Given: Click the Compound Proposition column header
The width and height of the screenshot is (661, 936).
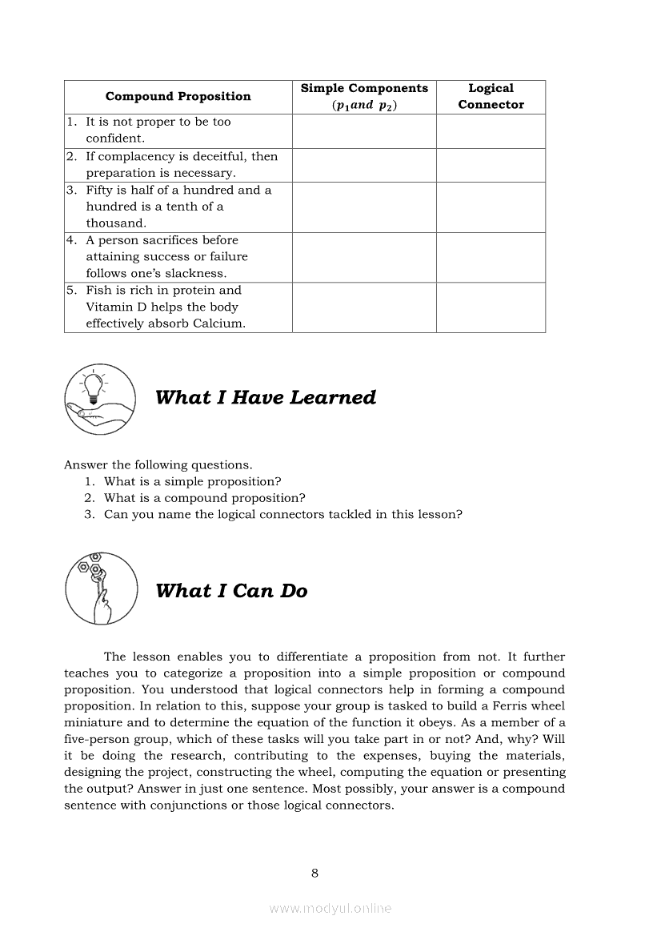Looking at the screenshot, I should click(x=178, y=97).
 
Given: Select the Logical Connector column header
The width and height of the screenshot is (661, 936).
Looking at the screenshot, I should click(x=491, y=97).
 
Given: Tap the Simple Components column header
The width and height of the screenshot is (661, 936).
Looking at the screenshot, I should click(x=364, y=97).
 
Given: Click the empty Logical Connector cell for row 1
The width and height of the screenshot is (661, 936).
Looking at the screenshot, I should click(x=491, y=131).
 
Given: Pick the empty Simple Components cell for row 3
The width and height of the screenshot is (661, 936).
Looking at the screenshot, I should click(x=364, y=207).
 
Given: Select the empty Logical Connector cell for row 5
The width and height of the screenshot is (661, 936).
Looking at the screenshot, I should click(x=491, y=307).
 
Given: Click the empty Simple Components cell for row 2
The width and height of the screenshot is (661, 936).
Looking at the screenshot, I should click(x=364, y=165).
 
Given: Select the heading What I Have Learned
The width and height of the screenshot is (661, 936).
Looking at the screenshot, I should click(x=265, y=398).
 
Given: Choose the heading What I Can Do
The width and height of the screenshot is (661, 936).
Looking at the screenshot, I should click(x=231, y=591).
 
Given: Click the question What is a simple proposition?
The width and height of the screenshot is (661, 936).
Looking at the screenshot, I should click(x=192, y=481).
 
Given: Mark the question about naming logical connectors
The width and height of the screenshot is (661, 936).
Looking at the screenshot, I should click(x=282, y=515).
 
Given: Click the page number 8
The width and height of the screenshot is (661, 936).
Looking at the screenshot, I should click(x=314, y=873).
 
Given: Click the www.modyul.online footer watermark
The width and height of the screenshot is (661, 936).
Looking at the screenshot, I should click(x=330, y=909).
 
